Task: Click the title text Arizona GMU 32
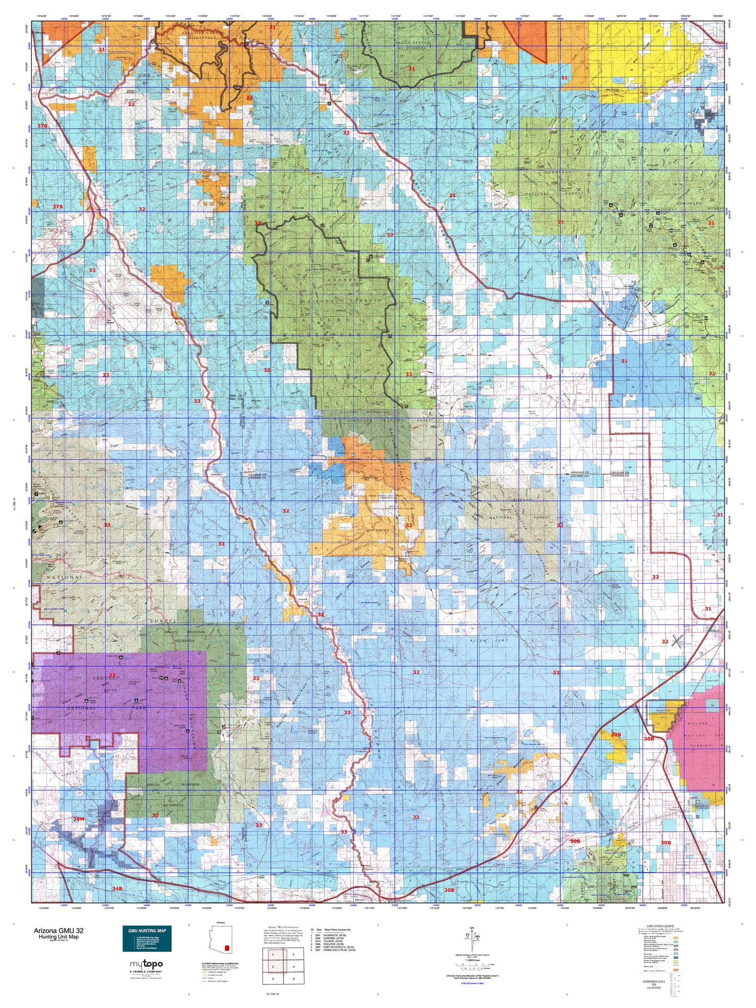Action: point(58,931)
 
